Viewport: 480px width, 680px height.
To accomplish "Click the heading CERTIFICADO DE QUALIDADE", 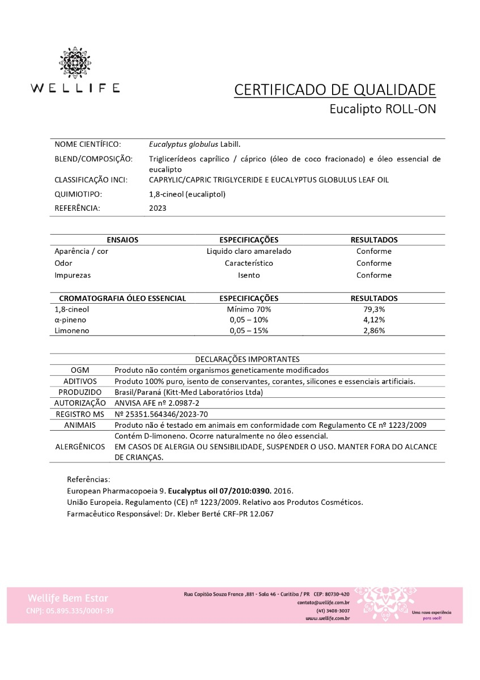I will coord(335,90).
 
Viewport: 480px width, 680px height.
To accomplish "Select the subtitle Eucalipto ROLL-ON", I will coord(383,109).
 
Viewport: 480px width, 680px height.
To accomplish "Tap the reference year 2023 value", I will coord(158,208).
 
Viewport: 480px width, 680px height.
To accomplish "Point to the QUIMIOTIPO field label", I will coord(78,194).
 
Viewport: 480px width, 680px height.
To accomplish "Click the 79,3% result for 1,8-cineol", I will coord(374,309).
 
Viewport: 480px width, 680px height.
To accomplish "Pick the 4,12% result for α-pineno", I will coord(374,320).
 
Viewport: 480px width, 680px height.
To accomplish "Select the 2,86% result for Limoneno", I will coord(374,330).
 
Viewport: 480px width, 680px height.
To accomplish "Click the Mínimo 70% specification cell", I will coord(249,309).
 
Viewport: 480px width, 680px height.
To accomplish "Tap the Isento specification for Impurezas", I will coord(249,275).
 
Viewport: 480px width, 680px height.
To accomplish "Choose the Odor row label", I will coord(63,263).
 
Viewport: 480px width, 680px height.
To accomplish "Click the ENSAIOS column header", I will coord(122,240).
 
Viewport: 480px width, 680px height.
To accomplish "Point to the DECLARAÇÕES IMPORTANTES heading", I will coord(247,359).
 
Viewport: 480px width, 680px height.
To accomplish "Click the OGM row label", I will coord(80,370).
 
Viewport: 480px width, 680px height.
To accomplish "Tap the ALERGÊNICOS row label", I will coord(80,447).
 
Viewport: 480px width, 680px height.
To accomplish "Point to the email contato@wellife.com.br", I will coord(323,603).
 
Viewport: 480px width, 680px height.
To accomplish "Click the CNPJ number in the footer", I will coord(70,611).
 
